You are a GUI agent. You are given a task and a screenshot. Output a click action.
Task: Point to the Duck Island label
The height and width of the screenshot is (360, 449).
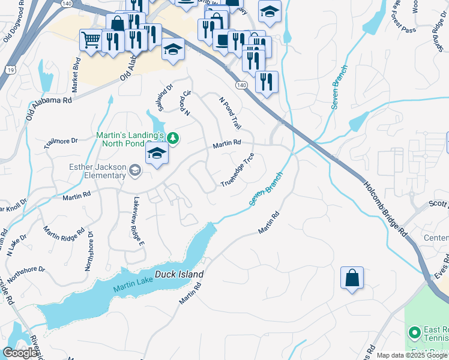(179, 275)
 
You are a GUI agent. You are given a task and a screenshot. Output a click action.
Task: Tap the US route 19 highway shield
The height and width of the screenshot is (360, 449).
(10, 70)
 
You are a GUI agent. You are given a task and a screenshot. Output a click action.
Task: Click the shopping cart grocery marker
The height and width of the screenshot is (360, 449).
(91, 40)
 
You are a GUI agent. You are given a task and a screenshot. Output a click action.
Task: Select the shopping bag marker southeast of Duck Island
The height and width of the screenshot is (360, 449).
(352, 278)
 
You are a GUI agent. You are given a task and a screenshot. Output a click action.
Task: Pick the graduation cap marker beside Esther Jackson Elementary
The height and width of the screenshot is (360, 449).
(157, 153)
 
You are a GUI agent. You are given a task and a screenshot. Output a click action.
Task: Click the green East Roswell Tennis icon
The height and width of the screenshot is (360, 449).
(414, 332)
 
